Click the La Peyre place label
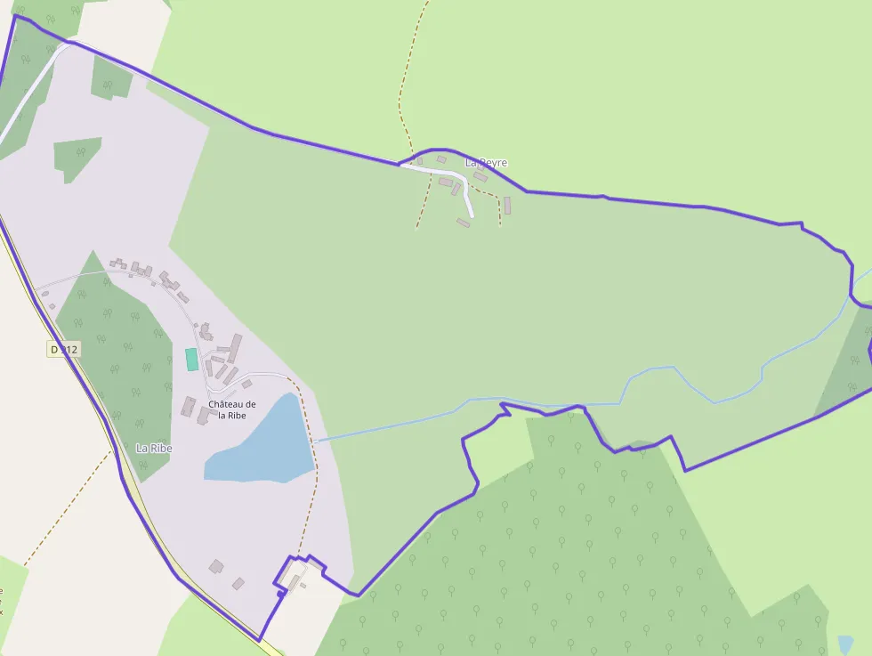[486, 163]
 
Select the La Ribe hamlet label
[154, 449]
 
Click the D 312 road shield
[64, 350]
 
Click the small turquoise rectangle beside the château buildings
[191, 360]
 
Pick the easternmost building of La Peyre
[507, 206]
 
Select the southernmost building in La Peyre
[463, 223]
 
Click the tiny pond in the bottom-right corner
[845, 643]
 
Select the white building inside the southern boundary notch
[294, 572]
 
